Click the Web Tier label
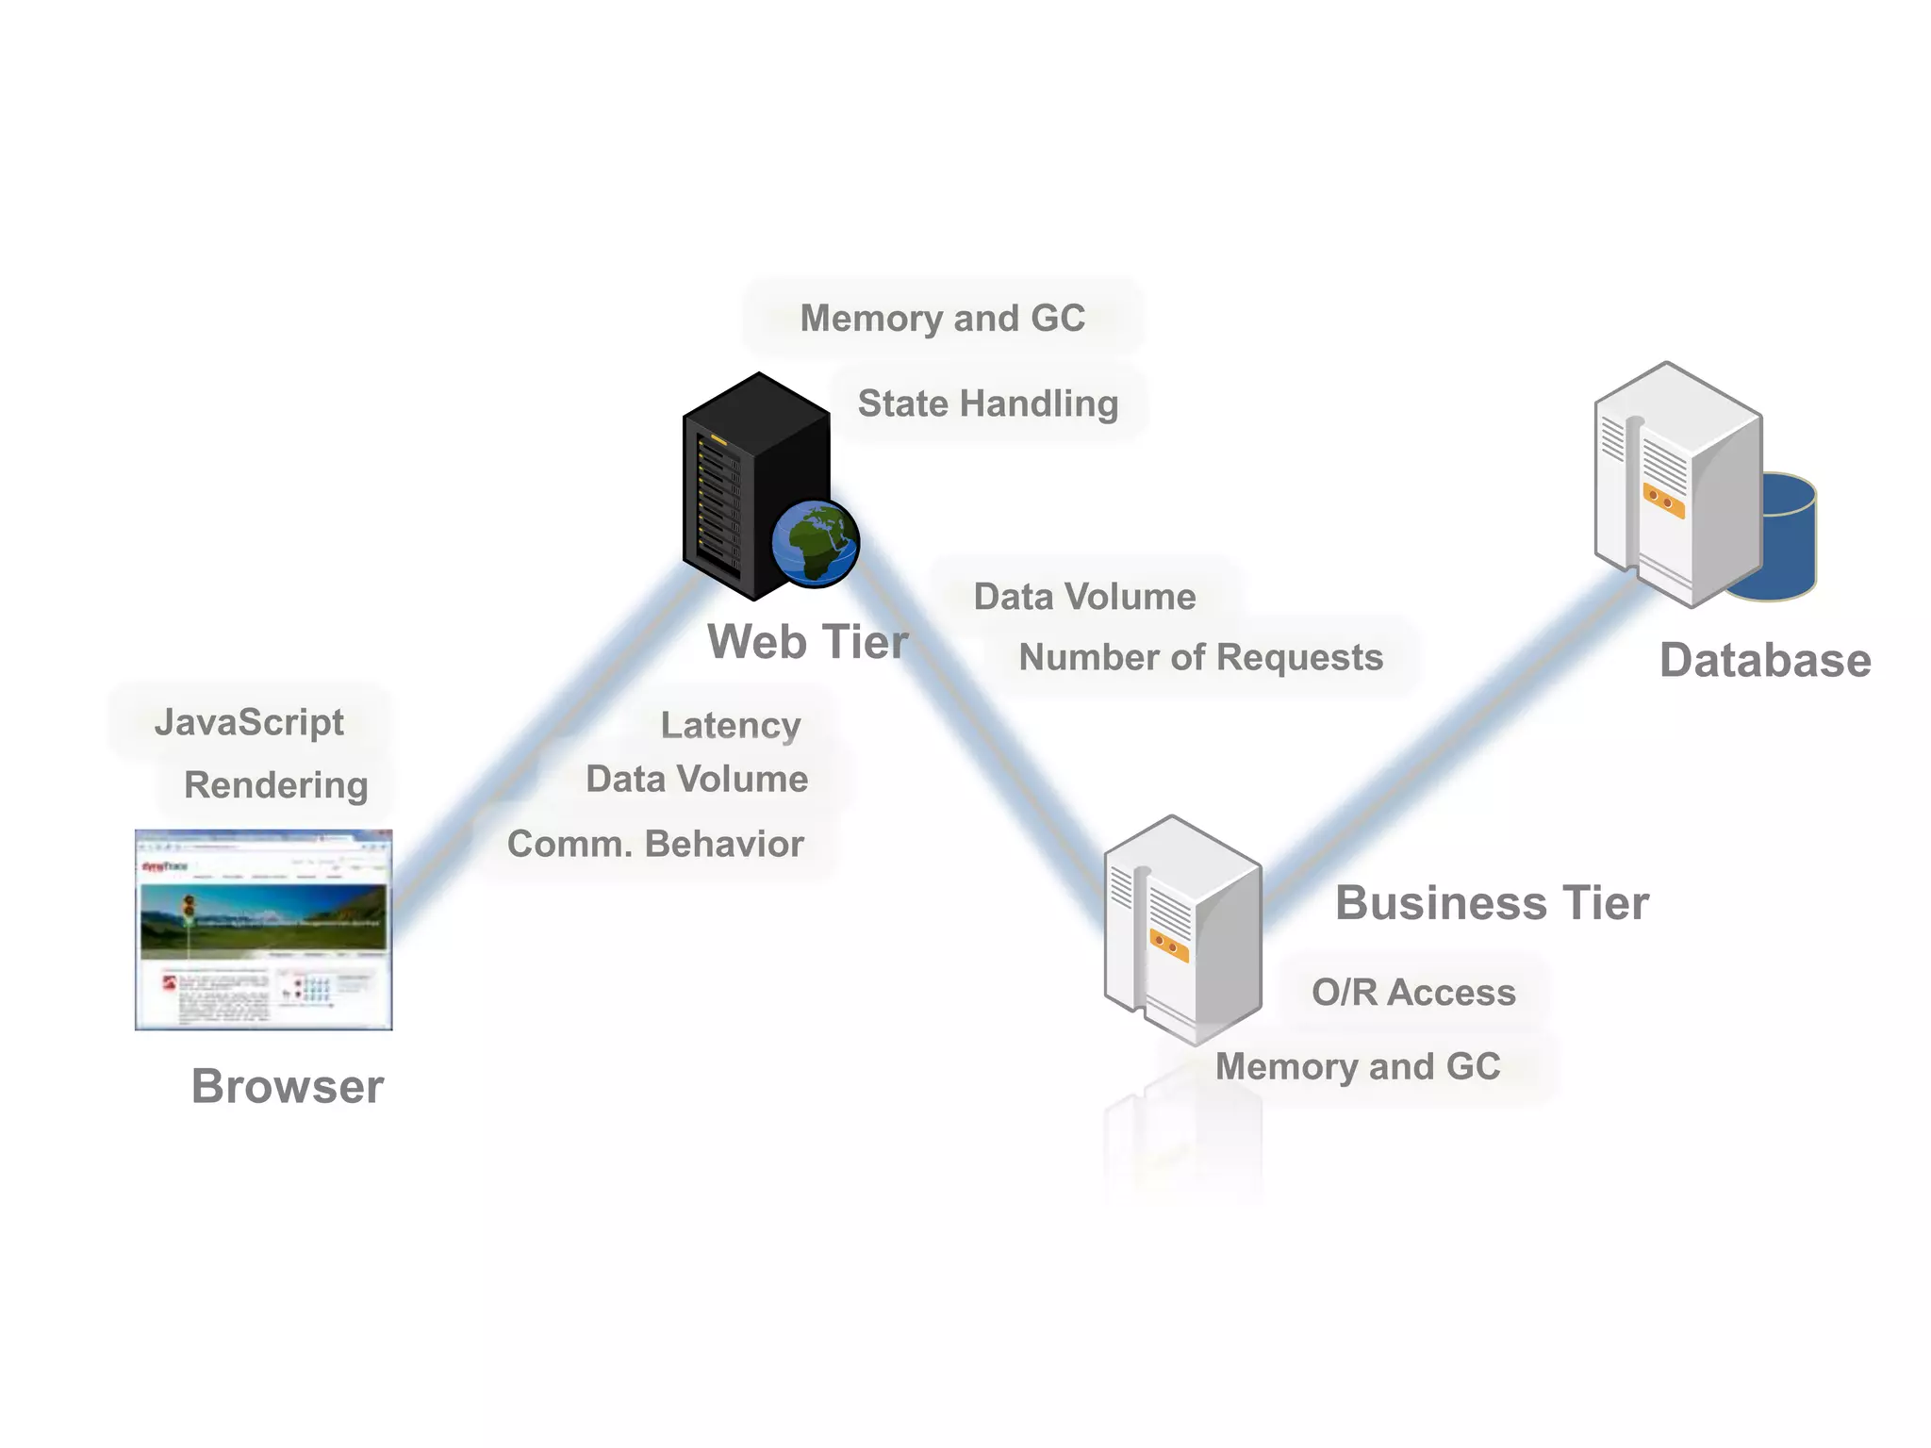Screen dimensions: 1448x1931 pos(808,643)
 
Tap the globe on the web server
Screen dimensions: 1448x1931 pos(815,544)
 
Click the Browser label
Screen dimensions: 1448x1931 pos(288,1086)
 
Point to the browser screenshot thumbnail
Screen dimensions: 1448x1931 pos(263,930)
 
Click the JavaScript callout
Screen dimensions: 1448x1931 pos(249,723)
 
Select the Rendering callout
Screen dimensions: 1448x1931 pos(275,785)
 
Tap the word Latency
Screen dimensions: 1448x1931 pos(730,726)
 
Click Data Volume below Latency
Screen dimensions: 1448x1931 pos(697,780)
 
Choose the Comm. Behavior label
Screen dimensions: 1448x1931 pos(655,844)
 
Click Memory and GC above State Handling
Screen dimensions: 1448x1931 pos(942,319)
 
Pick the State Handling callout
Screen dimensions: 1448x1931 pos(987,403)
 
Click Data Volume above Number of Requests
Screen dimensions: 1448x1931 pos(1084,597)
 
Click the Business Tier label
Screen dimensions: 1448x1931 pos(1492,903)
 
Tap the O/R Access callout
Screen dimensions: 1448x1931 pos(1413,993)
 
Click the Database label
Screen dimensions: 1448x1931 pos(1765,661)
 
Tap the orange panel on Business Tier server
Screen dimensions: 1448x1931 pos(1169,945)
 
